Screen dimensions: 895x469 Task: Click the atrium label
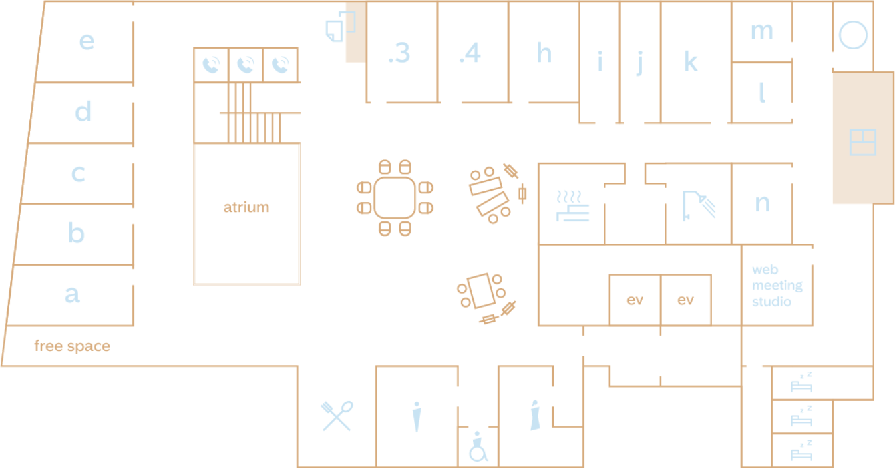click(246, 207)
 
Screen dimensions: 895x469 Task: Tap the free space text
click(72, 346)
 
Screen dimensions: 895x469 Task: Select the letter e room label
click(87, 41)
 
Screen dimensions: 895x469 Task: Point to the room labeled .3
click(399, 53)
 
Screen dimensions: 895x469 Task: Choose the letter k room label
click(691, 61)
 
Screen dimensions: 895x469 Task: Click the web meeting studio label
click(777, 285)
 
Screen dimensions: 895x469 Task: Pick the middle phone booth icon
click(245, 65)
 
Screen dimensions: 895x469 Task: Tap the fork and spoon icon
click(337, 416)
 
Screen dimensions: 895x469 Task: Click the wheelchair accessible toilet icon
click(478, 446)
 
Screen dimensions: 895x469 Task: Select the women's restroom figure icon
click(535, 416)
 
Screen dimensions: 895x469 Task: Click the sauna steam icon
click(572, 206)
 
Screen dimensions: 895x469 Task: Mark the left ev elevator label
click(635, 300)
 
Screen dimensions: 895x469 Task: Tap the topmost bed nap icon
click(801, 382)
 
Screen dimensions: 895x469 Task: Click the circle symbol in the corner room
click(853, 35)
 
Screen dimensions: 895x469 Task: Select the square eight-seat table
click(395, 198)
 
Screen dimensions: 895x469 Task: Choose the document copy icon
click(341, 26)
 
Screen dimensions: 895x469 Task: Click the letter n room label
click(762, 203)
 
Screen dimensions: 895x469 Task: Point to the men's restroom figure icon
click(417, 416)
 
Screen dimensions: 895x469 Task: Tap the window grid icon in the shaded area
click(863, 143)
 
